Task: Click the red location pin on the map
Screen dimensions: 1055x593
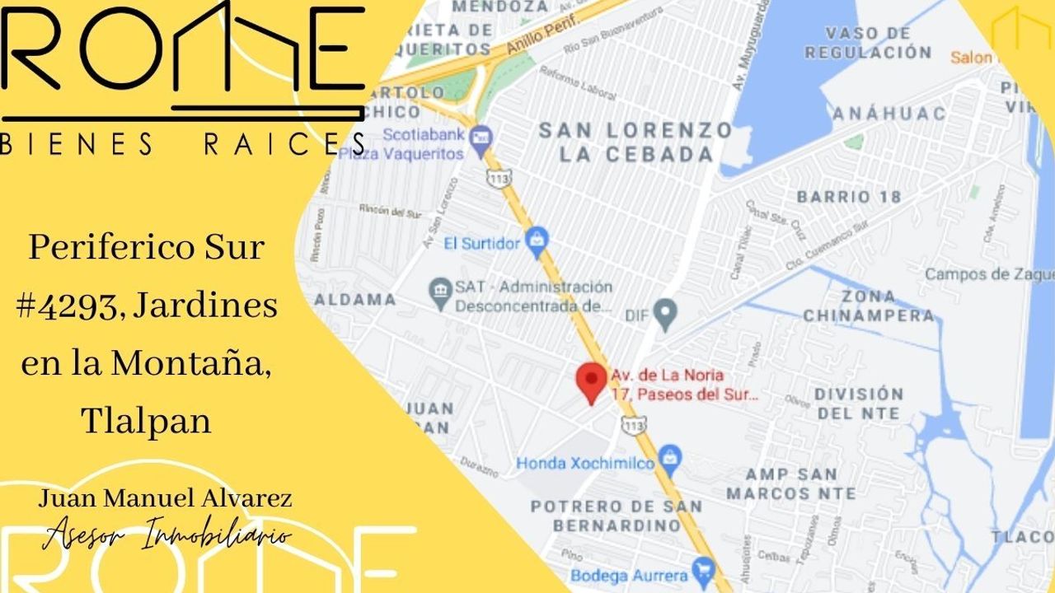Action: (590, 381)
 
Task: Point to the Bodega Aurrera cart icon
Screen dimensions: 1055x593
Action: (702, 570)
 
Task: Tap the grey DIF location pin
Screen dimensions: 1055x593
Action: (664, 313)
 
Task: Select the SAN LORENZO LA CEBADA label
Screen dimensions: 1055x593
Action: (635, 142)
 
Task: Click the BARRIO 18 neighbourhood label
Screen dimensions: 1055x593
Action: (849, 197)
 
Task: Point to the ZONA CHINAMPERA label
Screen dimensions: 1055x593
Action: (869, 306)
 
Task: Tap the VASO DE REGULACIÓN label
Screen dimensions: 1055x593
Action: (868, 43)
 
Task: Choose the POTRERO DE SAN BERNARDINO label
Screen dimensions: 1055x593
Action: (617, 516)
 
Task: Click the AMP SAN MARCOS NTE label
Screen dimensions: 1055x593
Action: (790, 484)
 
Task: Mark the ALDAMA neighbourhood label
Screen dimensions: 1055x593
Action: (354, 299)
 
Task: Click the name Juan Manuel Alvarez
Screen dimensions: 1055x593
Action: (165, 498)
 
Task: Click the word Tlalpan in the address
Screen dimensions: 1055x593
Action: (146, 422)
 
